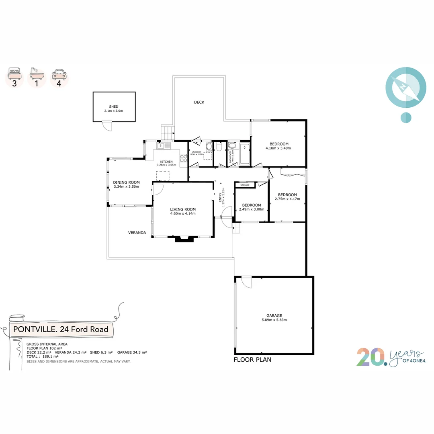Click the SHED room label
point(113,106)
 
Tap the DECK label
point(199,102)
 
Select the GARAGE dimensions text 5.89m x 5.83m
point(274,320)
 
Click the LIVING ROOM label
point(183,209)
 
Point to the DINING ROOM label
point(126,182)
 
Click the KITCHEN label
point(166,162)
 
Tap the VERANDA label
point(137,233)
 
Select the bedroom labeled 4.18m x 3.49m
point(278,144)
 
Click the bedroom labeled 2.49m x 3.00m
point(252,205)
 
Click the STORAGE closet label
point(245,185)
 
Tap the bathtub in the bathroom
point(245,153)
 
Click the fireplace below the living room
point(185,240)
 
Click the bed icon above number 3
point(14,75)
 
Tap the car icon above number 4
point(59,75)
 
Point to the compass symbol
point(405,88)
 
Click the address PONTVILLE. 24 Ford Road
point(61,330)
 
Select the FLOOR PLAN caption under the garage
point(252,360)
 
